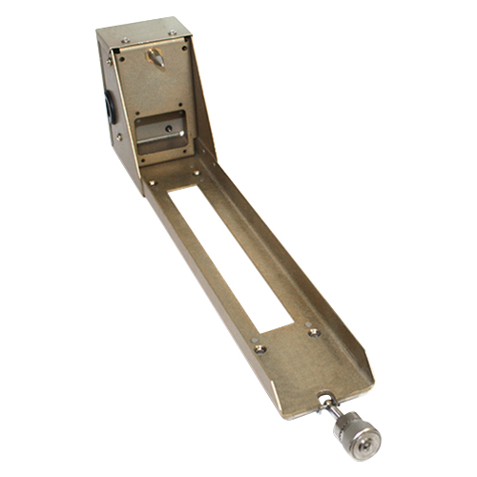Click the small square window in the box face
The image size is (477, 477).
tap(161, 133)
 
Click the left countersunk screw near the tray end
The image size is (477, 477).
tap(260, 348)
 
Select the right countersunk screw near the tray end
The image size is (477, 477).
tap(313, 332)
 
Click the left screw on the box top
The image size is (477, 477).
tap(125, 39)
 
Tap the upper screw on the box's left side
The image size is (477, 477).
tap(109, 61)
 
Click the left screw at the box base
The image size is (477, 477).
tap(151, 182)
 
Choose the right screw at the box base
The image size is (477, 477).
tap(196, 173)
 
